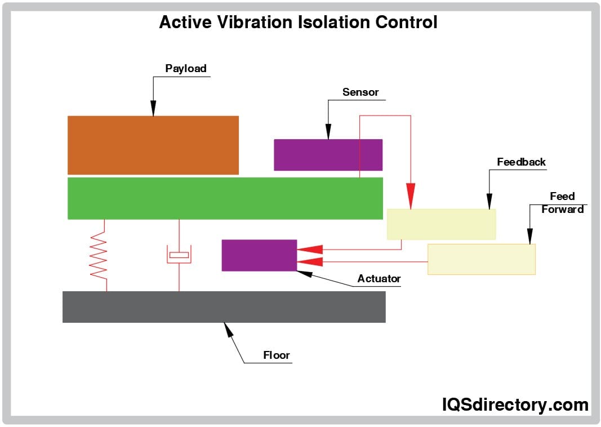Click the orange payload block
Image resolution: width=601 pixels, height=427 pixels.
tap(153, 145)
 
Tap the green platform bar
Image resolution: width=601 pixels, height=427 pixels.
tap(225, 198)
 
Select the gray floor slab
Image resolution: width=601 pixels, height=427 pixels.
tap(224, 306)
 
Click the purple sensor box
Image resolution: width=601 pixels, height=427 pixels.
tap(328, 154)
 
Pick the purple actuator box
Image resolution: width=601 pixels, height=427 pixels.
tap(259, 255)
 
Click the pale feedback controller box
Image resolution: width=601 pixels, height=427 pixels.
tap(441, 224)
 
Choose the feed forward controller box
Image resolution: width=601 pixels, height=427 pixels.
tap(481, 259)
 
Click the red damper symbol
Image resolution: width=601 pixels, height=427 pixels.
tap(179, 255)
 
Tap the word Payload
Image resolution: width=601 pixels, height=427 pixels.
tap(186, 69)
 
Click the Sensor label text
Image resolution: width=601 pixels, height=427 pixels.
tap(360, 92)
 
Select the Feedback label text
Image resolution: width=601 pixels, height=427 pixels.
tap(521, 162)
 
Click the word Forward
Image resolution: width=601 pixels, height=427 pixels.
tap(562, 210)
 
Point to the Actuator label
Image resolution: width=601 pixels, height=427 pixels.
tap(379, 278)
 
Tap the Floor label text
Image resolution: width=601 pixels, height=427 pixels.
tap(277, 355)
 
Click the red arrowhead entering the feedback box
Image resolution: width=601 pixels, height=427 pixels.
tap(411, 195)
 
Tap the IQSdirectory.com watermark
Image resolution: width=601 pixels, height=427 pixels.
tap(514, 404)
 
